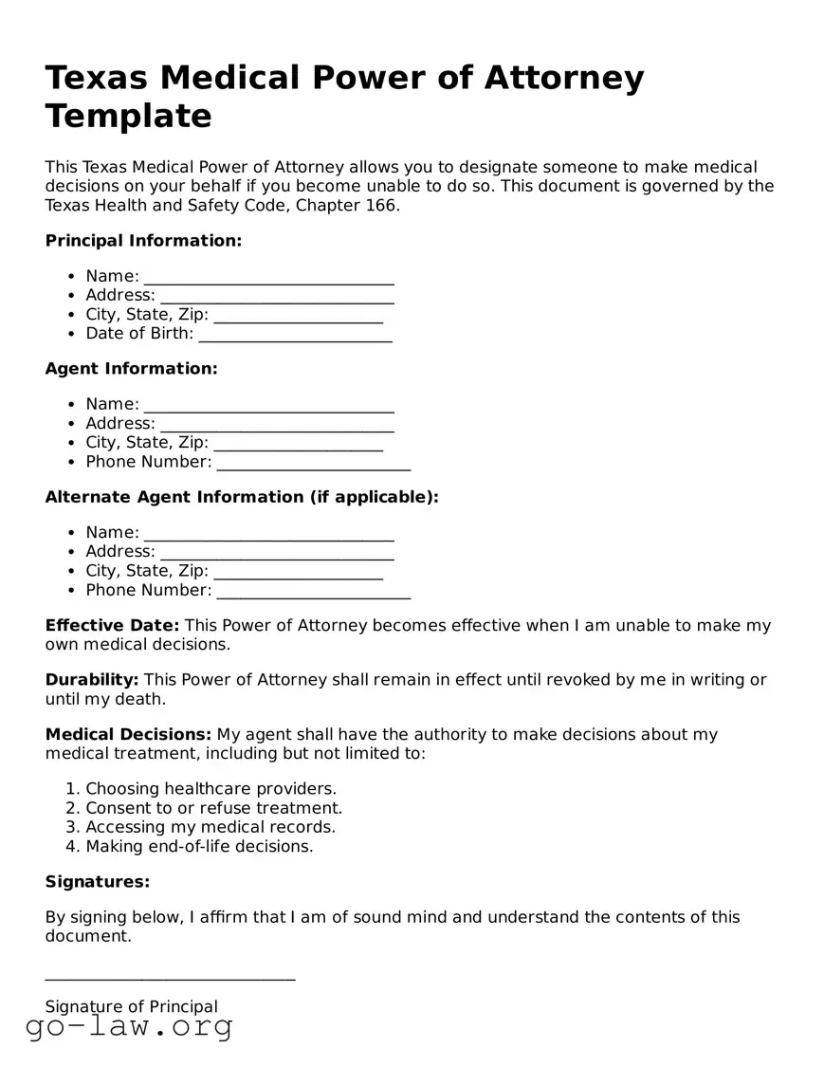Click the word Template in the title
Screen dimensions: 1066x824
[x=128, y=116]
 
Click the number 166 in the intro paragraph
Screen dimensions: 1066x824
[x=380, y=205]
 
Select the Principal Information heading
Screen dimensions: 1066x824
[x=143, y=241]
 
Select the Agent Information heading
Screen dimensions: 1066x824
[x=131, y=369]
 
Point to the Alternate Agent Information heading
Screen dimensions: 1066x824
[x=242, y=497]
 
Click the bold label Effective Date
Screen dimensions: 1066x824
[x=112, y=626]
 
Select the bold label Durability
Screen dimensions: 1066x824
[x=92, y=680]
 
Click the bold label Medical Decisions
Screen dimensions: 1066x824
[x=128, y=735]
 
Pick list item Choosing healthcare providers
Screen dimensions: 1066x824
[x=211, y=789]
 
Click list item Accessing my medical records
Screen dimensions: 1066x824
[x=211, y=827]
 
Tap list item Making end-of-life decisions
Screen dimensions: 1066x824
[x=199, y=846]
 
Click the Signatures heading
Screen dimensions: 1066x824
[x=98, y=882]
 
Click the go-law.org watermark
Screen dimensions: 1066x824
[x=129, y=1026]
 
